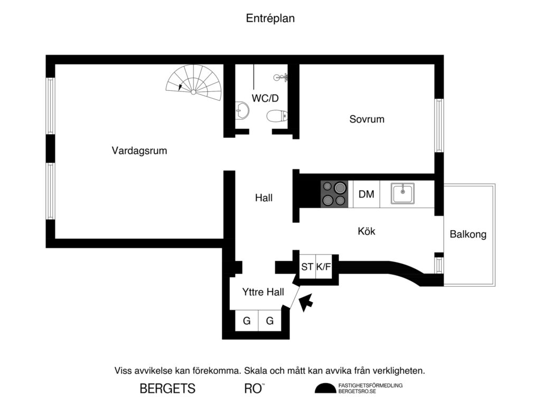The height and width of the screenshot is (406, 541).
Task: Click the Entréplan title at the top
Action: coord(270,18)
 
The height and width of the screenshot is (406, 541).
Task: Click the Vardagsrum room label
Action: coord(139,151)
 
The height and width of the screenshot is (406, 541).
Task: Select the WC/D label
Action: coord(265,98)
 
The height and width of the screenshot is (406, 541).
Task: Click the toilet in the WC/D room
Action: coord(277,115)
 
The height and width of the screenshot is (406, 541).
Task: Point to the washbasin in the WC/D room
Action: coord(242,111)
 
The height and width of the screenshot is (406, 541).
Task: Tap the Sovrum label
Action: coord(367,119)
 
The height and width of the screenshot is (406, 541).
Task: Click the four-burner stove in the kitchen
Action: coord(334,194)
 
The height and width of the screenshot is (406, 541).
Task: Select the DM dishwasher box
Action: coord(366,194)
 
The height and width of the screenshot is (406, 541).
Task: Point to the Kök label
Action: coord(366,231)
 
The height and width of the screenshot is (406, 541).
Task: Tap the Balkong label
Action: coord(468,234)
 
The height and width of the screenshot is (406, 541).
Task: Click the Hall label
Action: coord(264,199)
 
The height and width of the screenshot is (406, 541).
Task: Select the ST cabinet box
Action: coord(307,267)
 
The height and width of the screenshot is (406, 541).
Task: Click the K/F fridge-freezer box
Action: coord(323,267)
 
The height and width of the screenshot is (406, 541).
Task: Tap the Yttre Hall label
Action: coord(263,292)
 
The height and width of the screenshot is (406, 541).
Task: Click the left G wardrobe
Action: coord(246,320)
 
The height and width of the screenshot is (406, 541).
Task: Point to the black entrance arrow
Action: coord(305,303)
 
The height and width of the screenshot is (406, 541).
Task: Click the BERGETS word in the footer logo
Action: coord(167,389)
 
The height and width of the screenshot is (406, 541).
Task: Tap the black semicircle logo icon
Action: coord(325,389)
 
